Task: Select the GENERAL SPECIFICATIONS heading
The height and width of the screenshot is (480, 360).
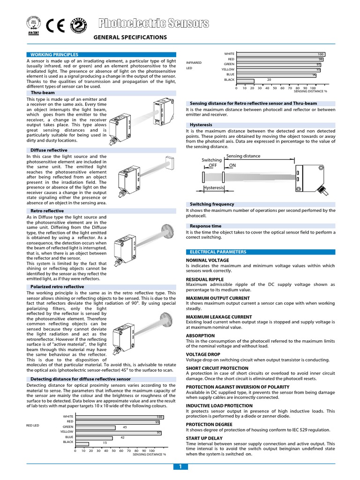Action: [130, 37]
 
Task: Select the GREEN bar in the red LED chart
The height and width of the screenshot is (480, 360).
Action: [95, 427]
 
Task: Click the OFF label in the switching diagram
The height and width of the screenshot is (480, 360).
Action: [213, 165]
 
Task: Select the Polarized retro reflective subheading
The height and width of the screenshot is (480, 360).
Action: [57, 286]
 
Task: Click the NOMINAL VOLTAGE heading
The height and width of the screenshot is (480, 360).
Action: [207, 260]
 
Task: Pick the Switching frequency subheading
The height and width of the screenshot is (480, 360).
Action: [212, 204]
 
